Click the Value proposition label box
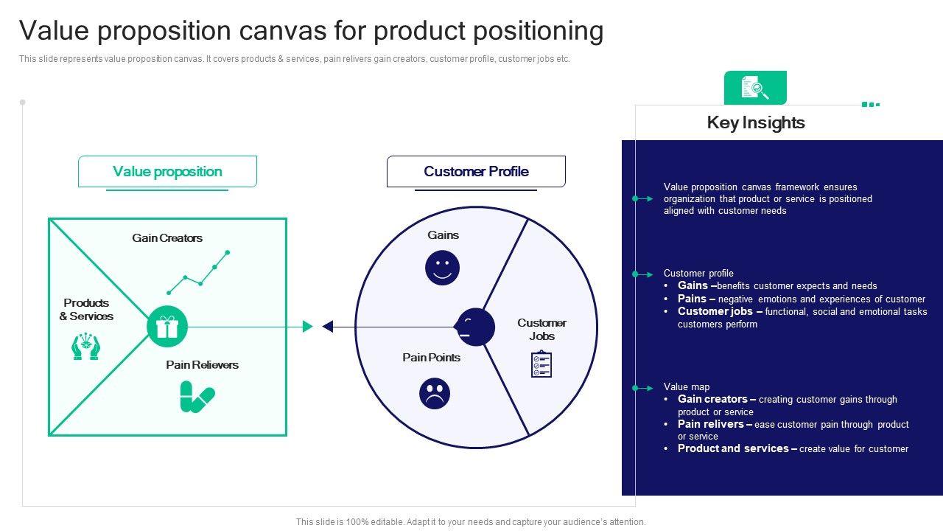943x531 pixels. [167, 171]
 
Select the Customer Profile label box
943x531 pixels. [476, 171]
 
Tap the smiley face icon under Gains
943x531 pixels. [442, 268]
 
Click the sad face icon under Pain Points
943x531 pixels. [435, 393]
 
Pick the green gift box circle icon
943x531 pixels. [167, 327]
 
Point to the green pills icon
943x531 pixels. [197, 397]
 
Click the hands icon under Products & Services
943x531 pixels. [85, 347]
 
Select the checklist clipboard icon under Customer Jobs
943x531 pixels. [541, 364]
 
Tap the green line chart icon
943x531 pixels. [197, 273]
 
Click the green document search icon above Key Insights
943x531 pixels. [755, 88]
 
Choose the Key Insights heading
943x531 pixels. [756, 122]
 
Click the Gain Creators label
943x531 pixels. [167, 237]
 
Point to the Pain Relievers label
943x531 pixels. [202, 364]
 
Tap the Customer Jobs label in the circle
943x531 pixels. [541, 329]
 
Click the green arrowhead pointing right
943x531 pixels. [308, 327]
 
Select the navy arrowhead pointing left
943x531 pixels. [328, 327]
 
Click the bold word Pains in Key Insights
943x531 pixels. [693, 299]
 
